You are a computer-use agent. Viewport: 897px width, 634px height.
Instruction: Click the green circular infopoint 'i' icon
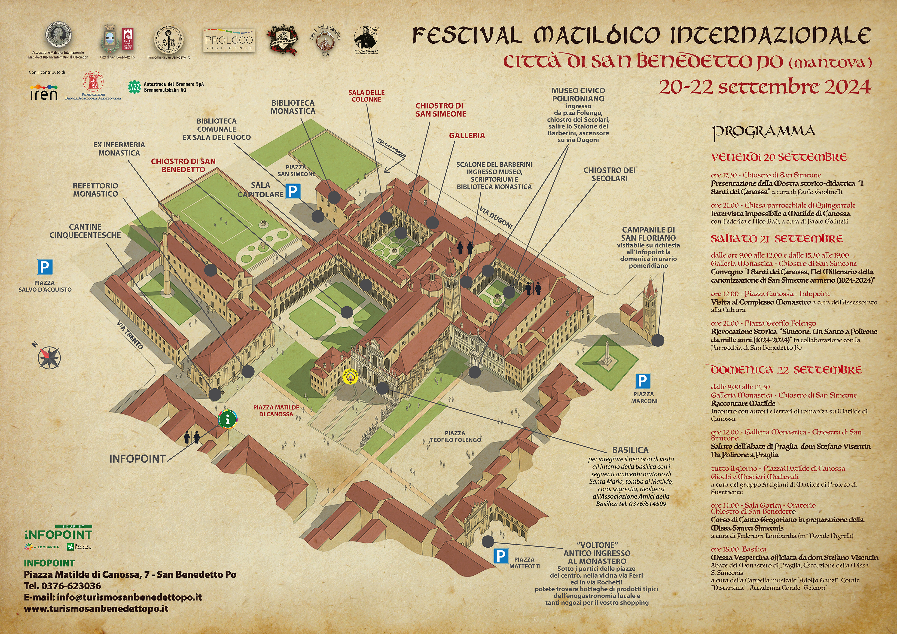coord(228,420)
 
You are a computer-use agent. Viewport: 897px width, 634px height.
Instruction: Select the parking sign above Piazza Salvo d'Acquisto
coord(45,268)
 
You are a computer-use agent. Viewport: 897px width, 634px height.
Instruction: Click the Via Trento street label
coord(130,335)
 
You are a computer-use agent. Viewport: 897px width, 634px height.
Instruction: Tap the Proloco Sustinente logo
coord(229,40)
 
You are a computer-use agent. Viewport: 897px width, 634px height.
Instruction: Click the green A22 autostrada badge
coord(134,87)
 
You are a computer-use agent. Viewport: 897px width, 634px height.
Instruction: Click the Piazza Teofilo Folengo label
coord(455,436)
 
